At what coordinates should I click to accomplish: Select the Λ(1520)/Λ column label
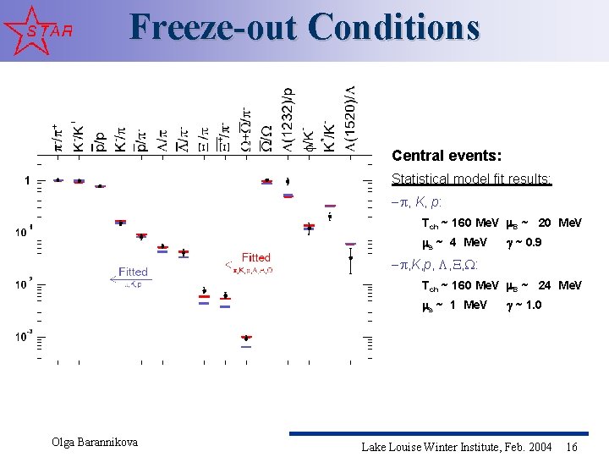[350, 118]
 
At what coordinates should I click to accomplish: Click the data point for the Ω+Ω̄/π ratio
[246, 338]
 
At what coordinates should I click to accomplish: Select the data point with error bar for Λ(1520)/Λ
[350, 258]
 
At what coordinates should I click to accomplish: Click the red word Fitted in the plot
[255, 257]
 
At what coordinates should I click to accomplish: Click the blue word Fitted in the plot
[133, 272]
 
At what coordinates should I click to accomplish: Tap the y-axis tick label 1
[28, 180]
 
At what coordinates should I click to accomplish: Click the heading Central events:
[447, 157]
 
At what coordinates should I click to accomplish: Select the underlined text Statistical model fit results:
[471, 179]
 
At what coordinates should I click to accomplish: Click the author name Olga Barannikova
[95, 443]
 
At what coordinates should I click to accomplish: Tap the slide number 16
[572, 447]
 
